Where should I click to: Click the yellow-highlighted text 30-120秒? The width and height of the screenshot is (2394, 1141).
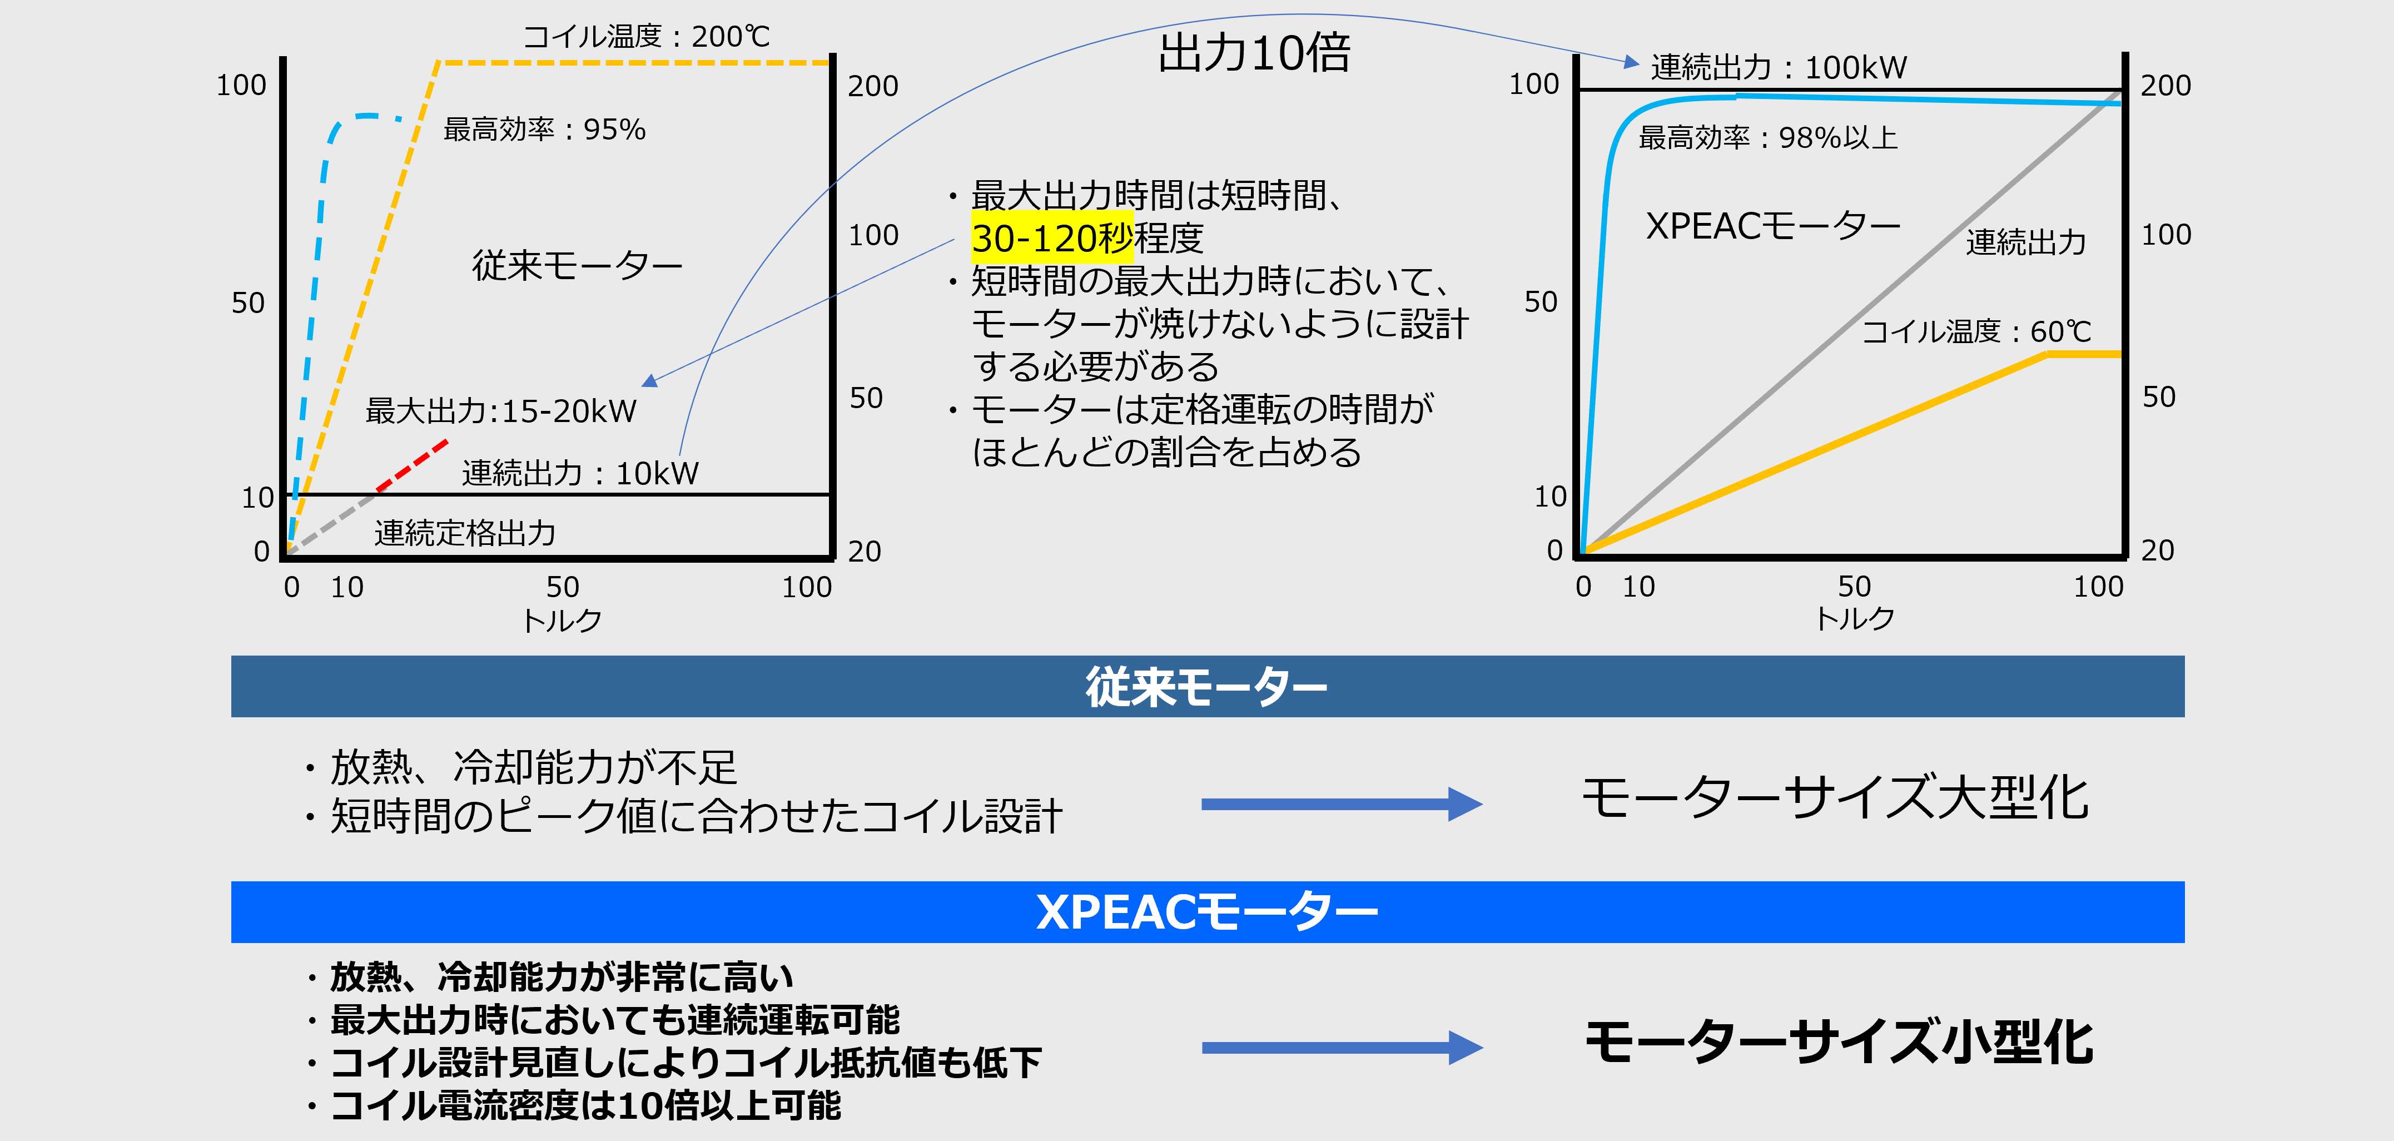pyautogui.click(x=1051, y=238)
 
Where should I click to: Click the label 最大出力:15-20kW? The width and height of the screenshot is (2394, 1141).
pyautogui.click(x=501, y=411)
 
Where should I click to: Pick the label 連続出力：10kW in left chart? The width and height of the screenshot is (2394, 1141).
pyautogui.click(x=580, y=473)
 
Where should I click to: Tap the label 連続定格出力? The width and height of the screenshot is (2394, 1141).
pyautogui.click(x=465, y=533)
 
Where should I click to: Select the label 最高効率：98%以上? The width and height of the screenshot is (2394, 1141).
pyautogui.click(x=1767, y=137)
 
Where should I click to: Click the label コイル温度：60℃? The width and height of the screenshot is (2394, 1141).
pyautogui.click(x=1976, y=332)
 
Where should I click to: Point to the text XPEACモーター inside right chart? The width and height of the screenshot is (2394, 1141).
pyautogui.click(x=1772, y=226)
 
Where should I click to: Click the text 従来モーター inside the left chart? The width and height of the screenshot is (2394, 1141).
pyautogui.click(x=577, y=266)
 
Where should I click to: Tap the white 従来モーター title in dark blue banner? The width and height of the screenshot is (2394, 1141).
pyautogui.click(x=1206, y=688)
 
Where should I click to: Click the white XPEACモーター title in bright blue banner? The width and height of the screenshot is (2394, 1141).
pyautogui.click(x=1206, y=912)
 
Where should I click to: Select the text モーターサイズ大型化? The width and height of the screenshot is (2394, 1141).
pyautogui.click(x=1835, y=797)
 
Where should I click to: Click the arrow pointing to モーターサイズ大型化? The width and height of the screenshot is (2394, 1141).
pyautogui.click(x=1341, y=803)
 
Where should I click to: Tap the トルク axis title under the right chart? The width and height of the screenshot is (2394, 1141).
pyautogui.click(x=1855, y=619)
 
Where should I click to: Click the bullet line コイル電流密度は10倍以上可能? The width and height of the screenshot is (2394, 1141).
pyautogui.click(x=585, y=1106)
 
